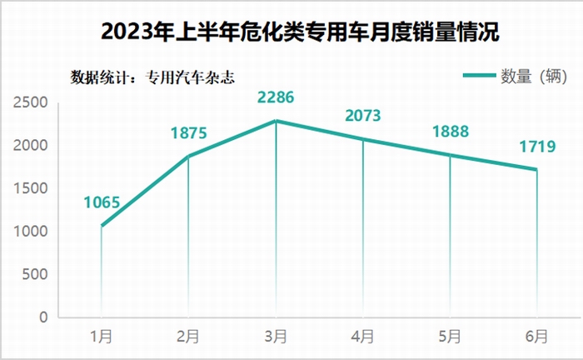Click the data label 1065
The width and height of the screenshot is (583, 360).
102,202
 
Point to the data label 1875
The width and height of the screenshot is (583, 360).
188,132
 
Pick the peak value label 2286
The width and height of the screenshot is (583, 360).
276,98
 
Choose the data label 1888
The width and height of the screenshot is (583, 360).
451,132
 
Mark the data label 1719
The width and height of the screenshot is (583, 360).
537,147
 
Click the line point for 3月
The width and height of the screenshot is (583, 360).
276,121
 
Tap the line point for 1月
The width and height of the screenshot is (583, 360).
102,226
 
